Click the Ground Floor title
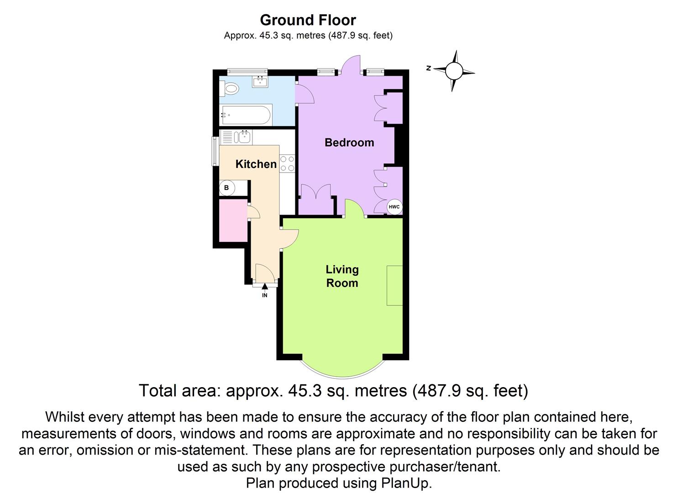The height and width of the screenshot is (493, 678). click(x=308, y=20)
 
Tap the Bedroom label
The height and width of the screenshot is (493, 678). click(x=349, y=142)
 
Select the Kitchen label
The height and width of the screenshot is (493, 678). click(x=256, y=164)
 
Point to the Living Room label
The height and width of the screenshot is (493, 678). click(x=342, y=276)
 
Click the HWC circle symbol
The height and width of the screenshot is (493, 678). click(x=394, y=207)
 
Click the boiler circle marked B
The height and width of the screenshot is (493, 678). click(x=227, y=188)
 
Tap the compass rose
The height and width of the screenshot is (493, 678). click(x=454, y=71)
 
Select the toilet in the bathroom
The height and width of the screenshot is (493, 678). click(x=229, y=89)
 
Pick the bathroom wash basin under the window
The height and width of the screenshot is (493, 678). click(x=260, y=82)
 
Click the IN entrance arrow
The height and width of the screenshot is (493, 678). click(x=265, y=287)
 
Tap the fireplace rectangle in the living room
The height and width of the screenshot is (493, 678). click(x=394, y=285)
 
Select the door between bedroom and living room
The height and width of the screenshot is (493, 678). click(x=354, y=208)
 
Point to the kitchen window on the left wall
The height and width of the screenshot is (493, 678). click(x=214, y=151)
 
